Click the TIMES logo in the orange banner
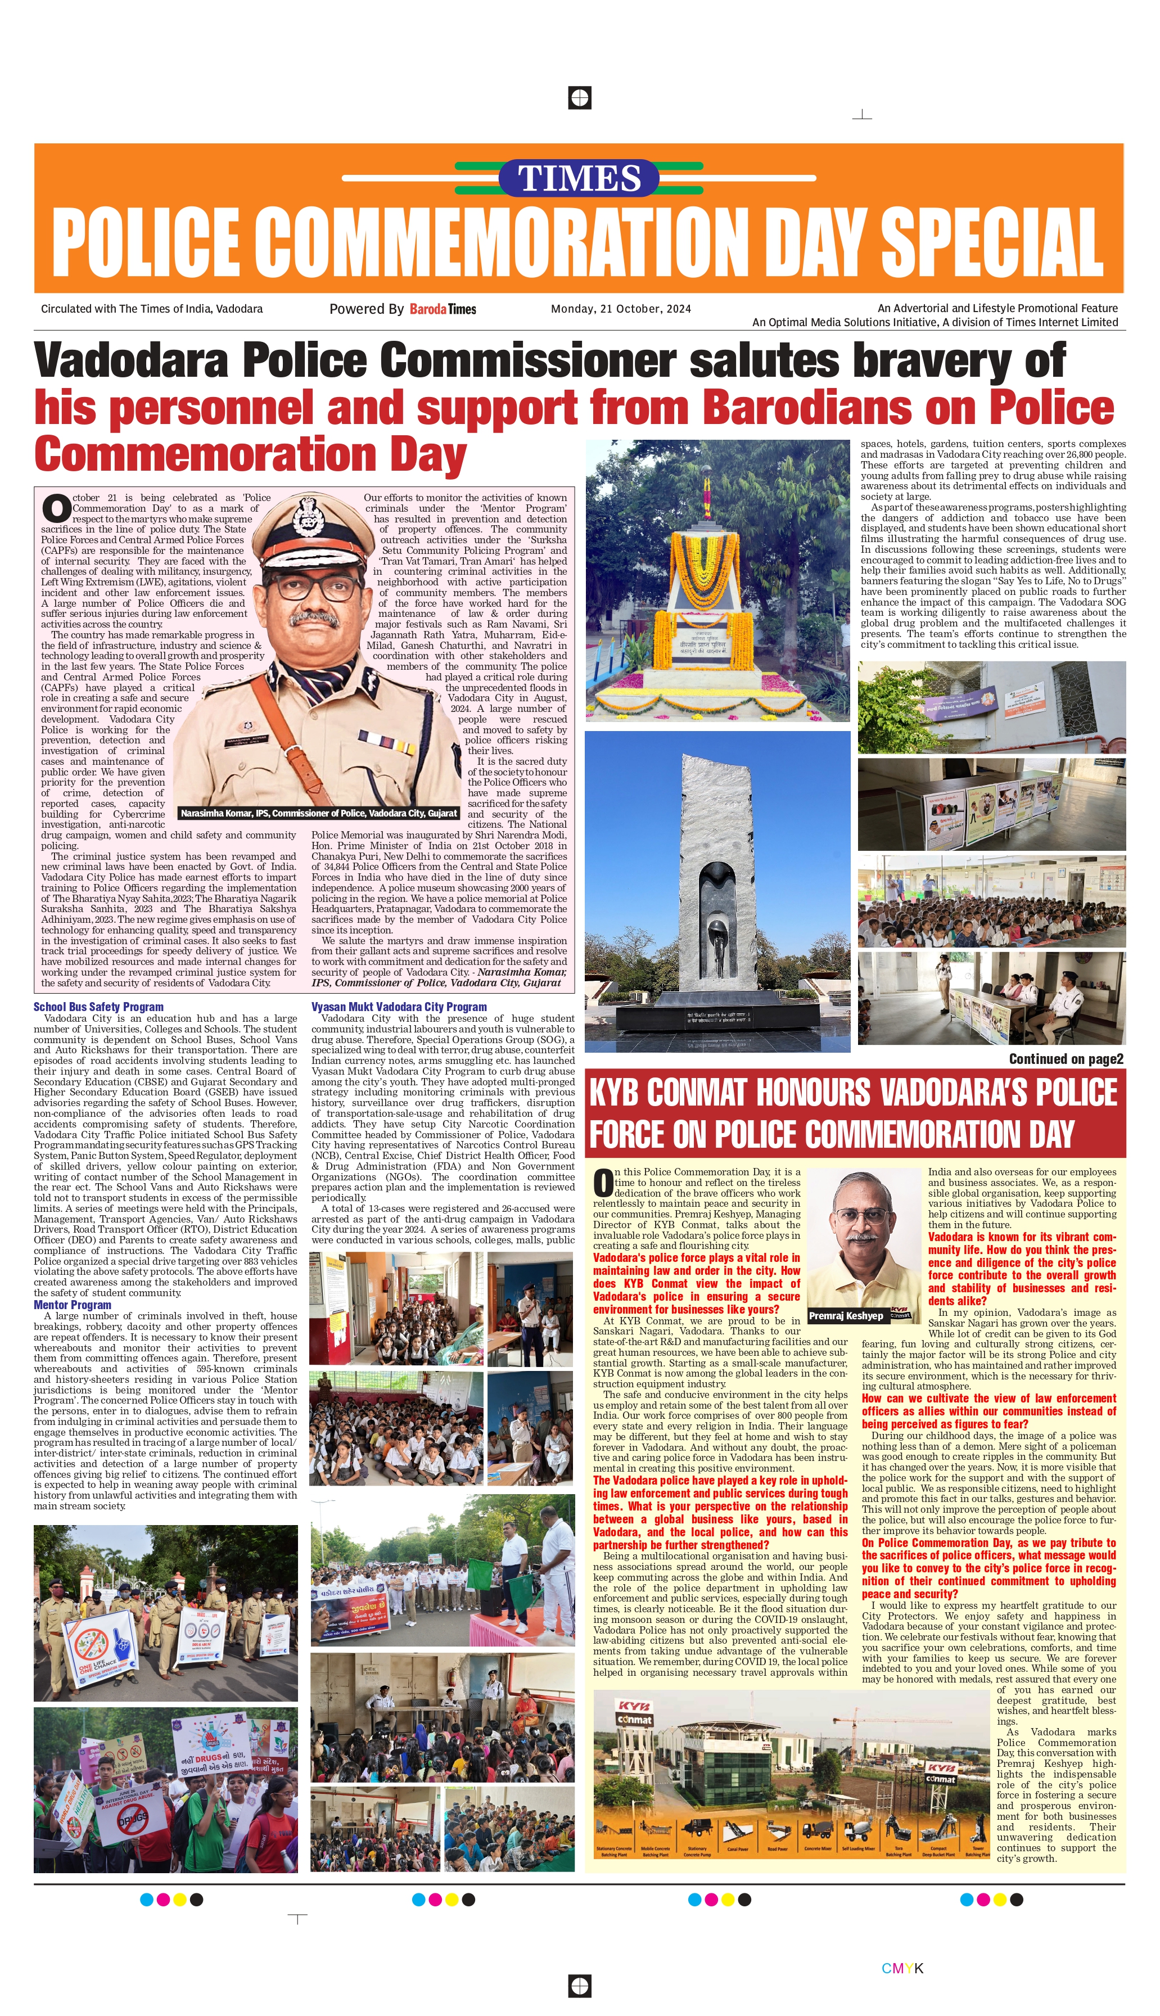pos(579,178)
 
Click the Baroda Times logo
pos(443,309)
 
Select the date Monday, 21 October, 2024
pos(621,309)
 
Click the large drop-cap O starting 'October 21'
pos(56,508)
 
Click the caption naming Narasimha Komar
pos(319,813)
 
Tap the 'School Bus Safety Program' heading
pos(98,1007)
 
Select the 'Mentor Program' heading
pos(73,1305)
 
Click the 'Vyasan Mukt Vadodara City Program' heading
pos(398,1007)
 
